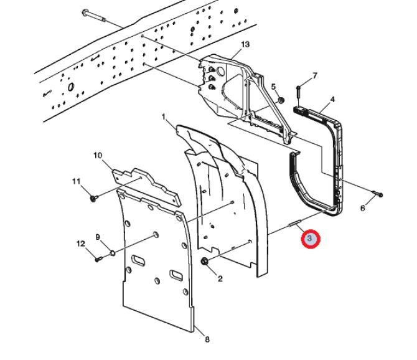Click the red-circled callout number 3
point(311,239)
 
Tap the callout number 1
point(163,116)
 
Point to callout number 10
point(98,154)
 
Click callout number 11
point(77,181)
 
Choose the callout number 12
point(80,243)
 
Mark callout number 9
point(98,237)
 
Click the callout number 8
point(207,339)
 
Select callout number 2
point(220,278)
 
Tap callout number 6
point(363,208)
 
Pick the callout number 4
point(332,99)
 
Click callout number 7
point(314,75)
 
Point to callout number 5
point(273,86)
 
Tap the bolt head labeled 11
point(93,198)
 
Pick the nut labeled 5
point(281,99)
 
